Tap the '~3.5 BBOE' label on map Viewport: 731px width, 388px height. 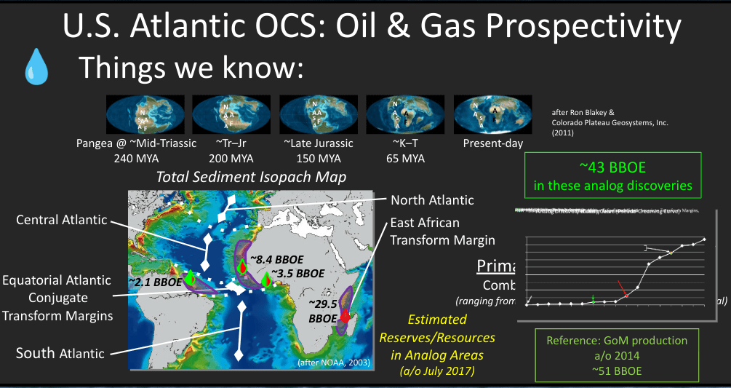click(300, 274)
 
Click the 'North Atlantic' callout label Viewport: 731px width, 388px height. click(432, 199)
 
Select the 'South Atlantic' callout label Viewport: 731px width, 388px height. click(60, 353)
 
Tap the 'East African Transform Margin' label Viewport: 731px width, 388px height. click(442, 231)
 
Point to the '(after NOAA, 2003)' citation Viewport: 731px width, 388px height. click(335, 362)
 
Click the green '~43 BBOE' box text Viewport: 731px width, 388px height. click(612, 175)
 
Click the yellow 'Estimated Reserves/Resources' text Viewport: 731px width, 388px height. click(436, 337)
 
